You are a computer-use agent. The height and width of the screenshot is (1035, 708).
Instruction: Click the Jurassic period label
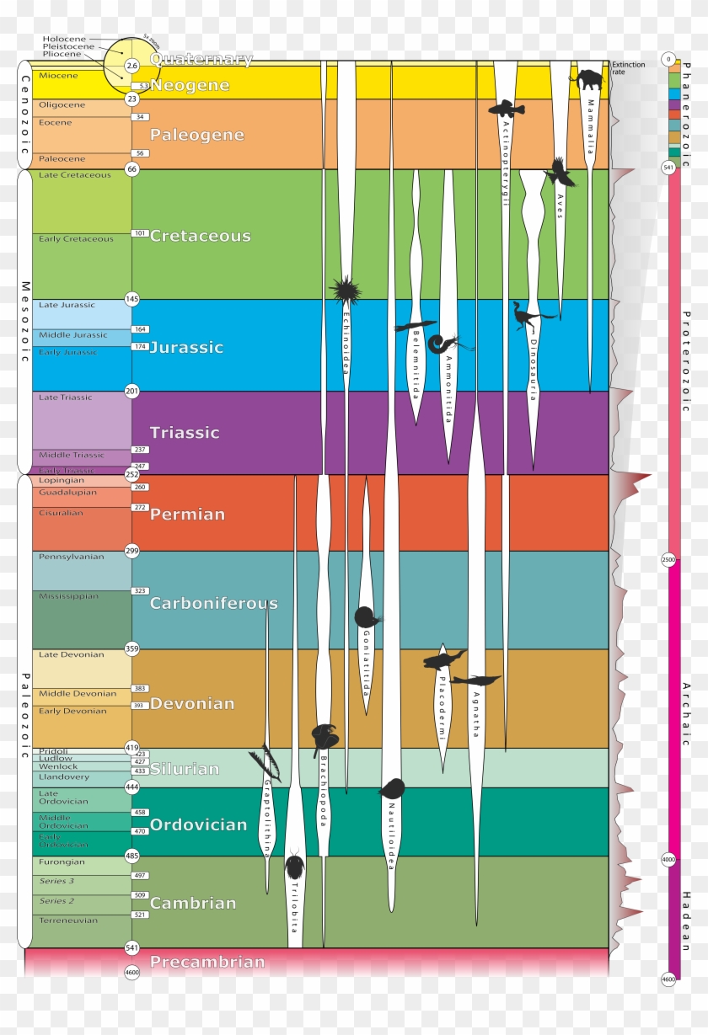(x=186, y=347)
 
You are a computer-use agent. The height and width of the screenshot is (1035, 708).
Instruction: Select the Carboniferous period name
(x=213, y=603)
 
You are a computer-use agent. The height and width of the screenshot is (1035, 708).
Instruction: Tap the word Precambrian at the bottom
(x=207, y=961)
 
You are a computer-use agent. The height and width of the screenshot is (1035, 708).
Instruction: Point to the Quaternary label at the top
(x=201, y=59)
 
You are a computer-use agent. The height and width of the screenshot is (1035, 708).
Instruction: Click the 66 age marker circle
(x=131, y=168)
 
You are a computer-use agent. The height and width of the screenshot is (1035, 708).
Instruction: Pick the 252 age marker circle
(x=131, y=474)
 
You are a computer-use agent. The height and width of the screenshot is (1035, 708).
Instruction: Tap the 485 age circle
(x=131, y=856)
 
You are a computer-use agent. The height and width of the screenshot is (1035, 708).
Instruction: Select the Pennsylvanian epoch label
(x=72, y=557)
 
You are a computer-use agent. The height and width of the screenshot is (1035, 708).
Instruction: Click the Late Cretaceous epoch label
(x=74, y=175)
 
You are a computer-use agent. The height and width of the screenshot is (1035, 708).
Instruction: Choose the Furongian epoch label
(x=62, y=862)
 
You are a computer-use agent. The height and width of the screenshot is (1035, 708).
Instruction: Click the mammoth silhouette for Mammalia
(x=587, y=80)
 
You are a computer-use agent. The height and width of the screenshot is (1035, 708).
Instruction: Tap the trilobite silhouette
(x=295, y=867)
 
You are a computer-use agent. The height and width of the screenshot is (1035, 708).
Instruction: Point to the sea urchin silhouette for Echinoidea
(x=345, y=290)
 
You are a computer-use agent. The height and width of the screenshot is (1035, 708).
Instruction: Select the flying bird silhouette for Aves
(x=560, y=173)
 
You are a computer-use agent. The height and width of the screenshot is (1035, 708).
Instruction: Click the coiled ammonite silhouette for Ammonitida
(x=439, y=344)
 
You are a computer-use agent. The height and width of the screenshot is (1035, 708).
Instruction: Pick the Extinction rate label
(x=629, y=68)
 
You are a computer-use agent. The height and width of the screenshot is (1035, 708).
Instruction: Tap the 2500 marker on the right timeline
(x=668, y=559)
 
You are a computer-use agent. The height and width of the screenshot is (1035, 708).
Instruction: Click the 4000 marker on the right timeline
(x=668, y=859)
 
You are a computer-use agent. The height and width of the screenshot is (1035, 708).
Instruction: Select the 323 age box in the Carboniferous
(x=140, y=591)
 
